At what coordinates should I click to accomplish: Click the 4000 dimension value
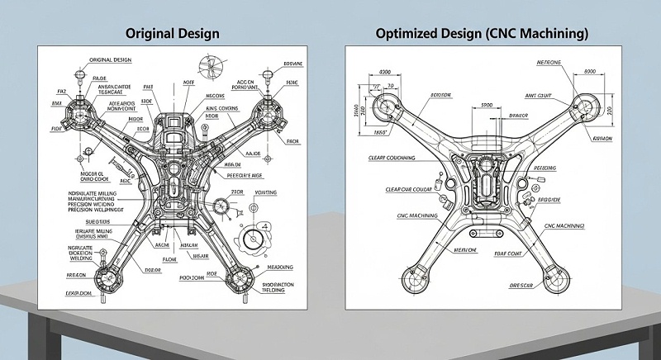[383, 72]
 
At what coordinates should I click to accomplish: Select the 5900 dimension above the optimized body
[487, 106]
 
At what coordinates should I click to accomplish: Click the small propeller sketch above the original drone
[211, 66]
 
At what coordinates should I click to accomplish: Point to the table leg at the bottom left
[15, 334]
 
